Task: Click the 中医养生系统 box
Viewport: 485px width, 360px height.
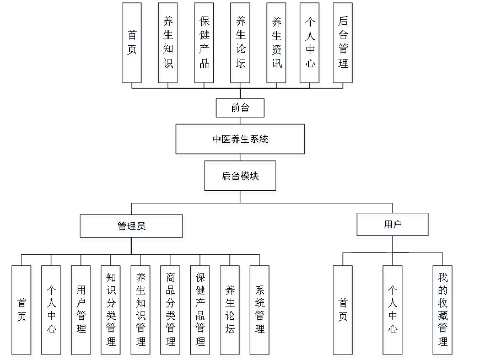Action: tap(241, 141)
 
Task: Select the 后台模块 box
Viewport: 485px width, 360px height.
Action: tap(241, 177)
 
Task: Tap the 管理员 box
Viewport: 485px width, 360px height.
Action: tap(132, 227)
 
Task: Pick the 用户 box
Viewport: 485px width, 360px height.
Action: tap(393, 225)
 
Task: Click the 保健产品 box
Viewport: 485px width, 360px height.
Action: tap(204, 44)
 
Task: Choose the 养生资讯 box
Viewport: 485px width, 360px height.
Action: tap(277, 44)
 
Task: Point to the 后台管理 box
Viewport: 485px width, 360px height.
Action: tap(343, 44)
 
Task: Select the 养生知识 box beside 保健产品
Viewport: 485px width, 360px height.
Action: tap(168, 44)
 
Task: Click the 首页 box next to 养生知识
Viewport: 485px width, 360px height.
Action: tap(132, 44)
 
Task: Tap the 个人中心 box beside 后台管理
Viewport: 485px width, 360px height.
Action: tap(310, 44)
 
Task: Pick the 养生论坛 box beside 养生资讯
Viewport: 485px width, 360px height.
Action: tap(241, 44)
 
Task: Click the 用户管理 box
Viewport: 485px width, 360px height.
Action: tap(82, 311)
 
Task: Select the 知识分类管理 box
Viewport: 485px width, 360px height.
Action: tap(111, 311)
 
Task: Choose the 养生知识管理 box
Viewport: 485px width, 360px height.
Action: tap(141, 311)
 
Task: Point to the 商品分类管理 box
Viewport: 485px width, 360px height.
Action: tap(171, 311)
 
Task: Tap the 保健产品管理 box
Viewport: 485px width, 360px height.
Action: tap(201, 311)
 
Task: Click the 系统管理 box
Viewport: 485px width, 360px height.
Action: tap(260, 311)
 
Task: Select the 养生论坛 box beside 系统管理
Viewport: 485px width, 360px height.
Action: tap(230, 311)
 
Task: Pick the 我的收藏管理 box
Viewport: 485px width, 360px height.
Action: tap(443, 311)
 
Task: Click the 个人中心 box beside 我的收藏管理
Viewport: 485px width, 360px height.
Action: tap(394, 311)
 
